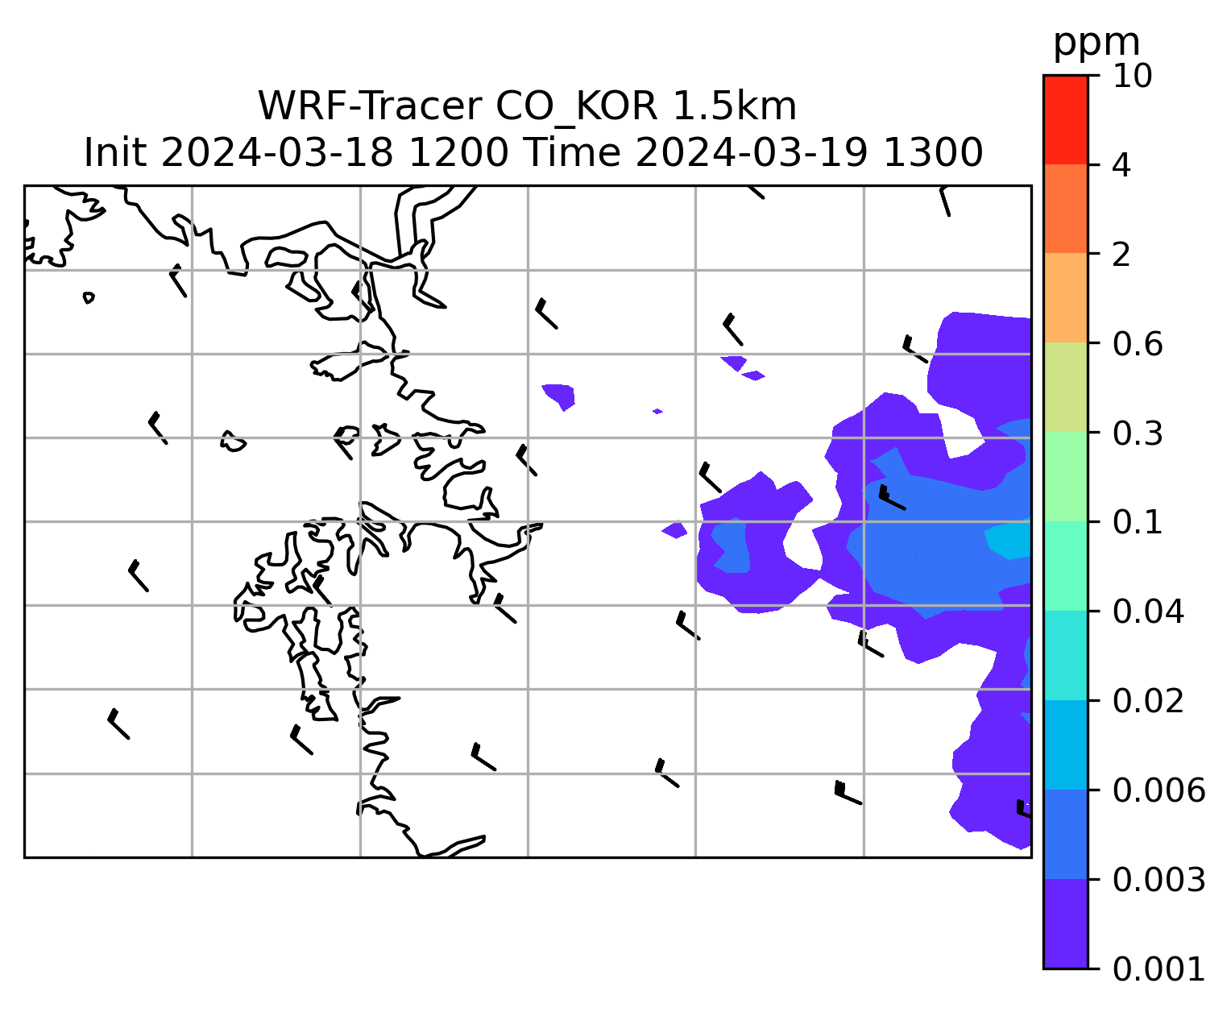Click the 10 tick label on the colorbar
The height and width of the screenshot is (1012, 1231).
[x=1132, y=76]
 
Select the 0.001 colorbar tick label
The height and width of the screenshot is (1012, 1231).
[x=1158, y=969]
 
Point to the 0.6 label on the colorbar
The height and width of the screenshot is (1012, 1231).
[x=1137, y=344]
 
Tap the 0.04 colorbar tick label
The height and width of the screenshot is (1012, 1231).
[x=1147, y=612]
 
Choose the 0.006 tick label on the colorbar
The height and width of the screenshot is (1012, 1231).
[x=1158, y=790]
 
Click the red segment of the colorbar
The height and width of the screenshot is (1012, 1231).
[x=1065, y=119]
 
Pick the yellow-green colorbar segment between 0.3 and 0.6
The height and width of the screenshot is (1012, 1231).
[x=1065, y=387]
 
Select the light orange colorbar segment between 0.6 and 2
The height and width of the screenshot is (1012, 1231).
[x=1065, y=297]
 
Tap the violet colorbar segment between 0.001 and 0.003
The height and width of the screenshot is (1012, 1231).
[x=1065, y=924]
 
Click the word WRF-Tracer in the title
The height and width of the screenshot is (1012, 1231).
[x=370, y=106]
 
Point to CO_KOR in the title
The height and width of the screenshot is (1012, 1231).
[x=577, y=108]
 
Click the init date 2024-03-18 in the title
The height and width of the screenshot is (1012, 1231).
[x=276, y=153]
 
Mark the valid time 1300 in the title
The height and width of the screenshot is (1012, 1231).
[x=933, y=153]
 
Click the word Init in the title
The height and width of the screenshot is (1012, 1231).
[x=115, y=153]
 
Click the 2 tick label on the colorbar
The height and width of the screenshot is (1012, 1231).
[x=1121, y=255]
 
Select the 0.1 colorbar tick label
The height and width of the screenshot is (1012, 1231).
[x=1137, y=522]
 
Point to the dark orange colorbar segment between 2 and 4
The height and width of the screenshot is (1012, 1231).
[x=1065, y=209]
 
